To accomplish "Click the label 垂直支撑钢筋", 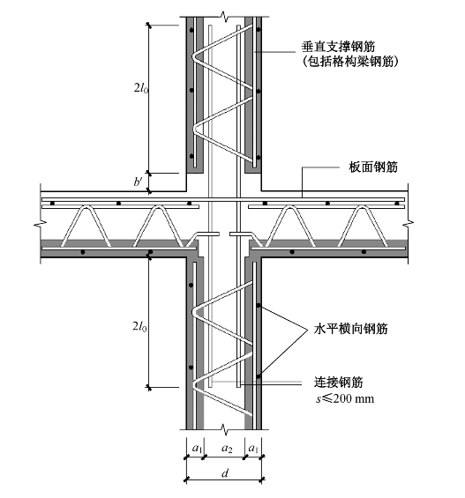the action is click(338, 47).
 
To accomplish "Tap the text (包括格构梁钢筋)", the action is click(350, 62).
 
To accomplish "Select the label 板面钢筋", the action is click(373, 167).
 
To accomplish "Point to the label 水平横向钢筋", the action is click(351, 329).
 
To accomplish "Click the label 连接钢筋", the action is click(339, 382).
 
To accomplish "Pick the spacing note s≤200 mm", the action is click(345, 398).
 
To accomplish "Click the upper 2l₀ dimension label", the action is click(141, 88).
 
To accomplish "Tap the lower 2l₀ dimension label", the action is click(139, 326).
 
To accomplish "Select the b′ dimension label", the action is click(138, 182).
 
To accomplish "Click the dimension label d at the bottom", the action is click(225, 473).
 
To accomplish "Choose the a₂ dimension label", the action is click(227, 449).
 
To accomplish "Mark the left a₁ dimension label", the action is click(197, 449).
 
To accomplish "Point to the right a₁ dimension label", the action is click(253, 449).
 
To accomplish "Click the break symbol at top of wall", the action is click(225, 17).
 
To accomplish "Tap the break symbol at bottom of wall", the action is click(225, 429).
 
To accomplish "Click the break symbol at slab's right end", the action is click(408, 224).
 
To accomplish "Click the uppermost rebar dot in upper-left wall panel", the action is click(191, 30).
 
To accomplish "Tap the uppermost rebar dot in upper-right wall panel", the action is click(259, 30).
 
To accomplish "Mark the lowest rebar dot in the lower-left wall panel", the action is click(191, 368).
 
